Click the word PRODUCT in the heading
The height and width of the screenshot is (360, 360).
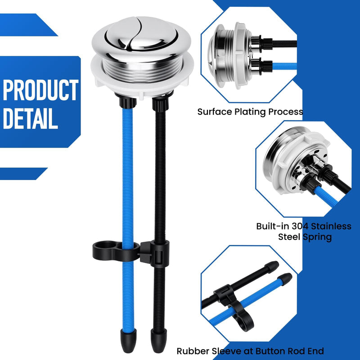40,90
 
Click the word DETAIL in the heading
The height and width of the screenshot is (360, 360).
30,118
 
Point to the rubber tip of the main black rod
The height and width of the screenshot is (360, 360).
159,341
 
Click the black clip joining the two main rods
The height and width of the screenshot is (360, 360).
131,252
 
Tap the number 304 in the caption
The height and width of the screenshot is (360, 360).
300,226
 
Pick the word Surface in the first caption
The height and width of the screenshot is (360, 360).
215,112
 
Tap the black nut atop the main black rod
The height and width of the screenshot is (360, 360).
161,104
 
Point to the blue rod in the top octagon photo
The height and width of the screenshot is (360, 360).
284,66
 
